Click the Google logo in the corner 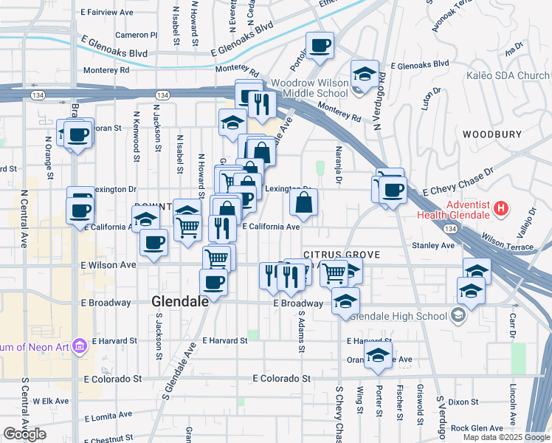24,434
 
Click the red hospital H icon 501,208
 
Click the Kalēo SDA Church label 508,75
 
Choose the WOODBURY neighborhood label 492,134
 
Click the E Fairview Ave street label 108,13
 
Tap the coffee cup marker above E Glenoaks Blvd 320,46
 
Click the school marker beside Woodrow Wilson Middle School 365,75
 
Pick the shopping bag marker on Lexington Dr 304,202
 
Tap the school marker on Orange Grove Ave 378,356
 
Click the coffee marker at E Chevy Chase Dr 393,190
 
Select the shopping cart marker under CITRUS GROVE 334,273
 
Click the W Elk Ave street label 51,401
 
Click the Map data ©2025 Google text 506,437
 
